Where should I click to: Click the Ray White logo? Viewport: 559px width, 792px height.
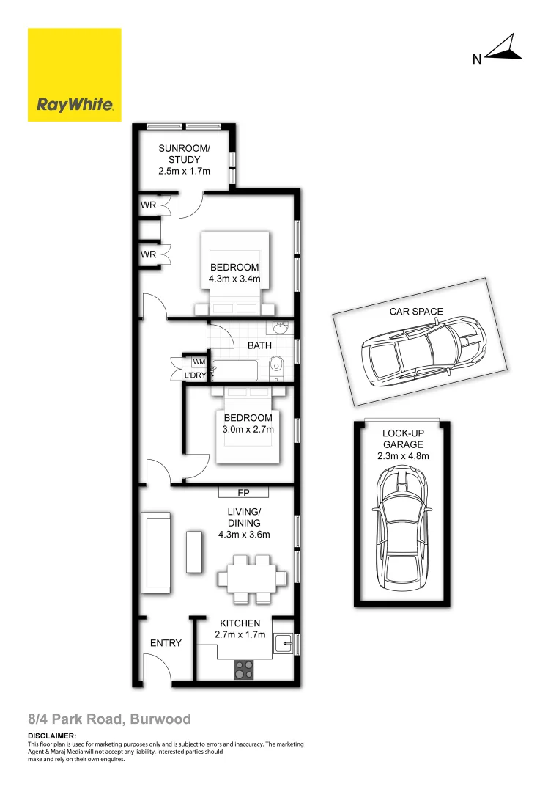(74, 75)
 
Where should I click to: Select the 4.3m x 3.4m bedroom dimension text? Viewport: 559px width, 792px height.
(234, 279)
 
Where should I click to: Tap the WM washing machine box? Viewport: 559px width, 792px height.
(199, 362)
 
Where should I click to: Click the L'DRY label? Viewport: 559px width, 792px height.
(195, 375)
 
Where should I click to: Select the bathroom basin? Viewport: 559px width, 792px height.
(279, 327)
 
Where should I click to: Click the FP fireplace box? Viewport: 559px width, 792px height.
(243, 492)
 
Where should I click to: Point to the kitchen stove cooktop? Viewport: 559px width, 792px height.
(243, 669)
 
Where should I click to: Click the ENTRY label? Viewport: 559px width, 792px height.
(166, 643)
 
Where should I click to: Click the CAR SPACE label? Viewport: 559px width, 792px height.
(415, 312)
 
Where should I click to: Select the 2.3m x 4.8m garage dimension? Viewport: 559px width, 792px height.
(402, 455)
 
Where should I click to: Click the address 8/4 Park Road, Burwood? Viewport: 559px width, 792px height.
(109, 719)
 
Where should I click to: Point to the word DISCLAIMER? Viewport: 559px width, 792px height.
(51, 736)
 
